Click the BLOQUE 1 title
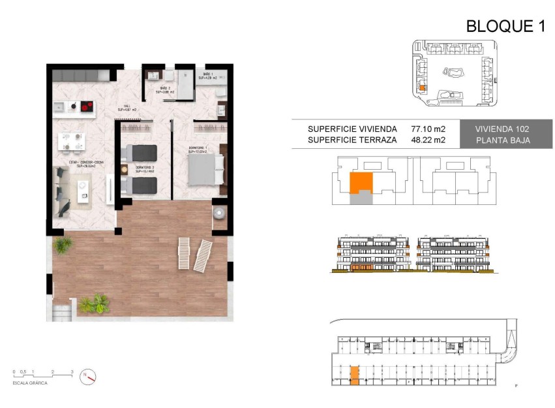click(x=505, y=26)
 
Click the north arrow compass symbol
click(x=88, y=376)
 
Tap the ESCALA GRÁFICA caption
click(x=30, y=383)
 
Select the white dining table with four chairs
click(x=72, y=141)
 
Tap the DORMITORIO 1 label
click(x=198, y=149)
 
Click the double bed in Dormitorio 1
click(x=205, y=170)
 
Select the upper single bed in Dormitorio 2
click(x=140, y=152)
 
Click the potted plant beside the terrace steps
click(x=95, y=304)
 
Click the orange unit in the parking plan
click(x=354, y=375)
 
